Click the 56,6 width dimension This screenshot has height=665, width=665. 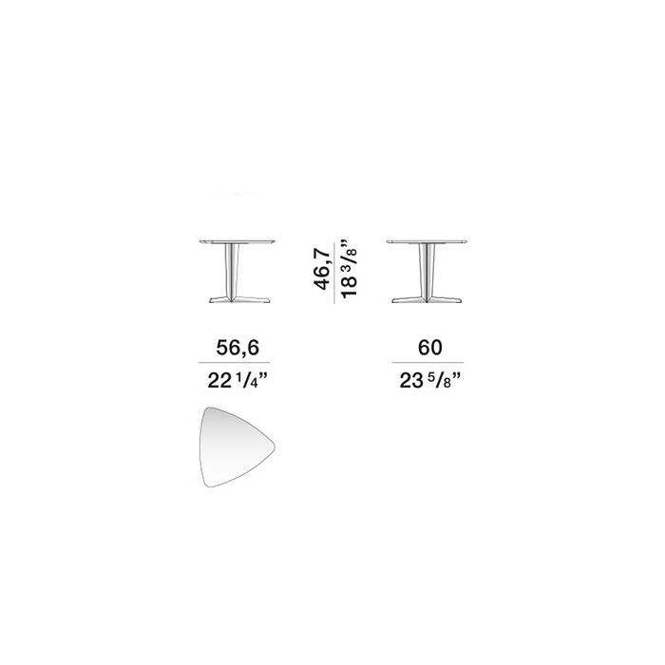pos(237,348)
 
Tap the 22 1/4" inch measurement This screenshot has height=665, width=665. pos(238,382)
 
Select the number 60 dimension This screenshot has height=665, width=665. pos(430,348)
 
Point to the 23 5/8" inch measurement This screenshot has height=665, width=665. pos(429,382)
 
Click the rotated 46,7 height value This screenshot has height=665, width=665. pos(322,270)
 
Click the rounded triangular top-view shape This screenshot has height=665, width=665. pos(237,446)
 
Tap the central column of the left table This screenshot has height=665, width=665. pos(232,273)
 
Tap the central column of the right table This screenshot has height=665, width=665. pos(427,273)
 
